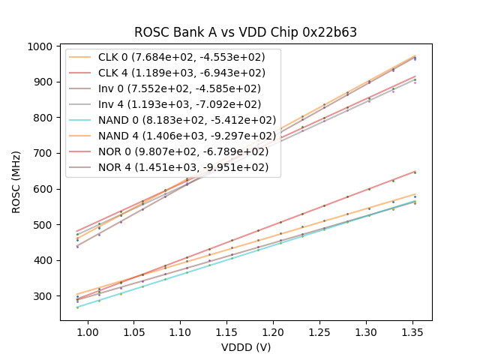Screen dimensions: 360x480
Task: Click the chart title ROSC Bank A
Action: (245, 32)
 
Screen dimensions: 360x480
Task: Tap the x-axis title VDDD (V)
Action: (245, 347)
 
